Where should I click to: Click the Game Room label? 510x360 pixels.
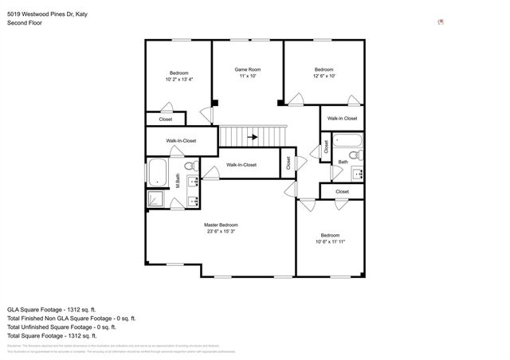(x=248, y=70)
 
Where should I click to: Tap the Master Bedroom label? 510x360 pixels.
(x=221, y=225)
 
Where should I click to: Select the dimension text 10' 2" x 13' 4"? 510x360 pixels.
(x=179, y=80)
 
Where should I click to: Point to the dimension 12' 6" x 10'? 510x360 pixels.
(x=323, y=76)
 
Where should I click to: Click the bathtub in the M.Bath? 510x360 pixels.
(x=156, y=171)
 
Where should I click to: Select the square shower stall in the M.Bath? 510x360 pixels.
(x=156, y=200)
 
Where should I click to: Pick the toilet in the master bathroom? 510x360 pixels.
(x=190, y=166)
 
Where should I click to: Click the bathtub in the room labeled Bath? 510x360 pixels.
(x=347, y=143)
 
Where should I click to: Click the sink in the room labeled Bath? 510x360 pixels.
(x=358, y=172)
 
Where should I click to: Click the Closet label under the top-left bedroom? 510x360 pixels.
(x=166, y=119)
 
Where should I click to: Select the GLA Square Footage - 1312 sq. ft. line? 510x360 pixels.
(x=52, y=309)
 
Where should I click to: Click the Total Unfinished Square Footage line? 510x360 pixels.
(x=61, y=327)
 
